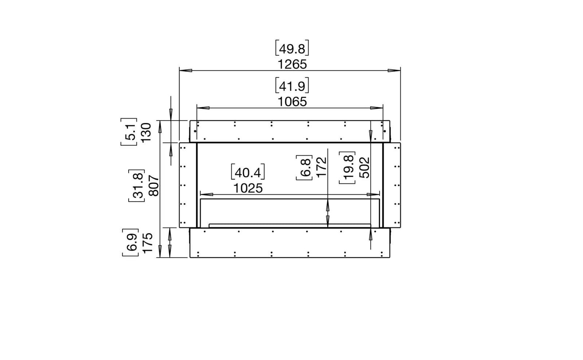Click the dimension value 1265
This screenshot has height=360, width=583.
click(x=292, y=64)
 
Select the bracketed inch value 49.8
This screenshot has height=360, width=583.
click(x=292, y=48)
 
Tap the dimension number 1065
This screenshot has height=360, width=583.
click(x=292, y=102)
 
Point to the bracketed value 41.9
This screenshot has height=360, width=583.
click(x=292, y=85)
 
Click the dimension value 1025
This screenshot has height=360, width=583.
click(x=248, y=188)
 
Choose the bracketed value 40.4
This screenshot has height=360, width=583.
click(x=248, y=172)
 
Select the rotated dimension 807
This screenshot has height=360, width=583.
click(x=154, y=186)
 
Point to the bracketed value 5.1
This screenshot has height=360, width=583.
click(x=129, y=131)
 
